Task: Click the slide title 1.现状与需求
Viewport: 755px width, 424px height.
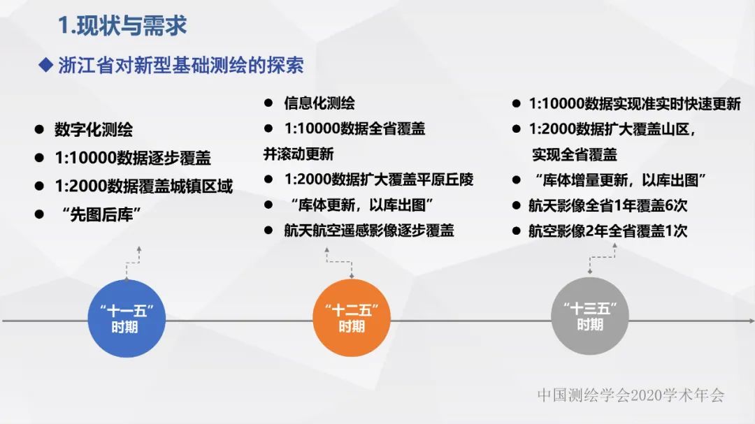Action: point(122,27)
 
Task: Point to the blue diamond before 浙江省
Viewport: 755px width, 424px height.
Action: point(45,66)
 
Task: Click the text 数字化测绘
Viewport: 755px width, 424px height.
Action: point(94,130)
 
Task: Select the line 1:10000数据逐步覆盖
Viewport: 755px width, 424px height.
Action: point(133,158)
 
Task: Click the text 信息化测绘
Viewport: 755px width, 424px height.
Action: point(319,103)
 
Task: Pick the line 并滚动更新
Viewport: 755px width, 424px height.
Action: point(299,154)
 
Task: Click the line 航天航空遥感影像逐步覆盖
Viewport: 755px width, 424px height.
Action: point(368,231)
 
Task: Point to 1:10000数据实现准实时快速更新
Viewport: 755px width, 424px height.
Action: point(634,104)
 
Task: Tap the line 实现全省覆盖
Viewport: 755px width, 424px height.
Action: point(575,154)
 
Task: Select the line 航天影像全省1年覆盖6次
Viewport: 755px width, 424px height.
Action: point(607,206)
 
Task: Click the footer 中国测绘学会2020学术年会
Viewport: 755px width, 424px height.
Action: point(631,395)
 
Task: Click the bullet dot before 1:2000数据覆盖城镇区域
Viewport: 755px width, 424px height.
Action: point(39,187)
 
